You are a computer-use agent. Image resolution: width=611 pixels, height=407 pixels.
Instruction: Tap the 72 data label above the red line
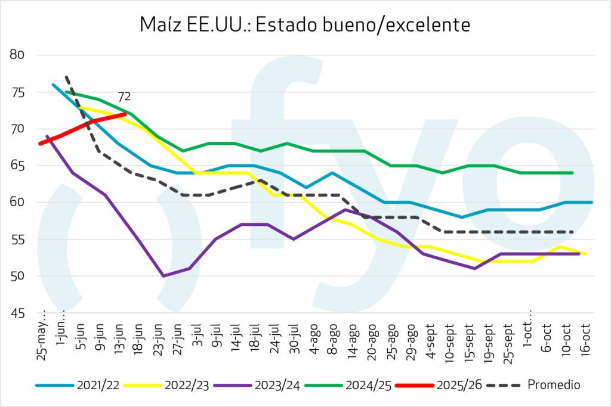(x=124, y=97)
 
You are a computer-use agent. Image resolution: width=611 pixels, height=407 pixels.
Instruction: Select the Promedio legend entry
(x=531, y=384)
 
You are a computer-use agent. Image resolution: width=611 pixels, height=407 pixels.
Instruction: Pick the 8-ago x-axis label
(x=334, y=340)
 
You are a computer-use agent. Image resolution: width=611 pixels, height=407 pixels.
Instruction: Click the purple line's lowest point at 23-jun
(x=163, y=276)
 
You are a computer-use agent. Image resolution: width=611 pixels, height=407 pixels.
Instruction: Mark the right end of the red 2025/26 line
(x=125, y=114)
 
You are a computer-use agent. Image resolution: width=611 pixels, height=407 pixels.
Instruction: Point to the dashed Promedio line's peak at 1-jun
(x=67, y=77)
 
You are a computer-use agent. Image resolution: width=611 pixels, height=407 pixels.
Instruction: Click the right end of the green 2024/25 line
(x=572, y=173)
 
